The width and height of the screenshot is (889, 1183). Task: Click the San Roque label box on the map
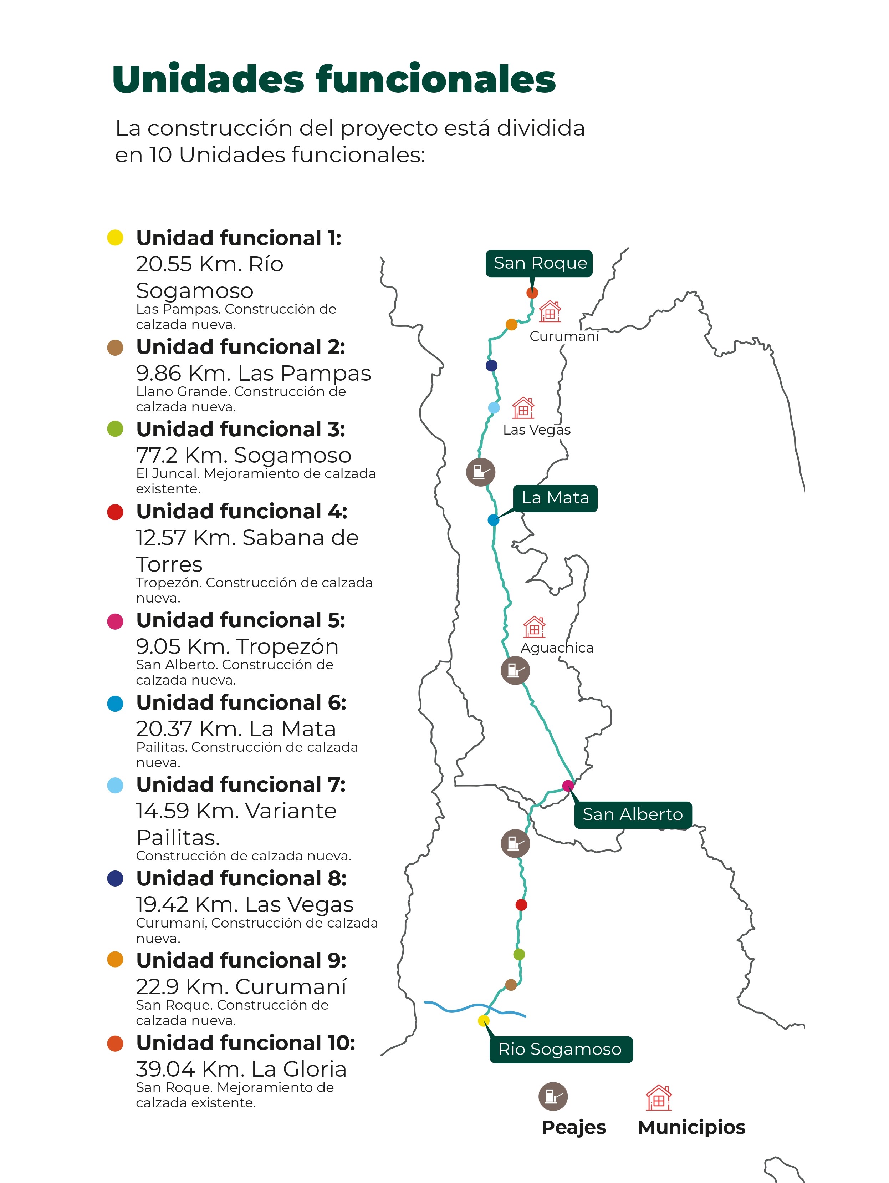point(538,263)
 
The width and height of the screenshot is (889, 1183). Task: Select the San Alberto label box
point(632,814)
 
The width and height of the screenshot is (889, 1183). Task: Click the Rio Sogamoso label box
point(560,1049)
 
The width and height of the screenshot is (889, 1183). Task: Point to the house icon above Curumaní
point(550,311)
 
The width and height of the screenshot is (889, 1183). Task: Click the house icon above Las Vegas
point(523,408)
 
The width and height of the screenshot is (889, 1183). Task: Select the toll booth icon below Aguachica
point(515,670)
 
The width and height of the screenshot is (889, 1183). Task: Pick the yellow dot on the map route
point(483,1020)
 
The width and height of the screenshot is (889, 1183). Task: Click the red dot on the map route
point(521,905)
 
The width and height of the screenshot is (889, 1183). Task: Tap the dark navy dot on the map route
point(491,366)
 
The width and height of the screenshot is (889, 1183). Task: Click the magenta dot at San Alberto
point(568,786)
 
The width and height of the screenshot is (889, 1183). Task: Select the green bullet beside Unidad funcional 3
point(115,429)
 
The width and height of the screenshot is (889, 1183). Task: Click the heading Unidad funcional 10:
point(245,1043)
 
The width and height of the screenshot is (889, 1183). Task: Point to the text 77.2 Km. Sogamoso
point(243,455)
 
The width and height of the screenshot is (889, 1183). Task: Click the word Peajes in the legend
point(574,1127)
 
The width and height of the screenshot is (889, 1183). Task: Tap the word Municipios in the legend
point(691,1127)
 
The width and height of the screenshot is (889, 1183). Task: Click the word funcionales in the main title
point(436,80)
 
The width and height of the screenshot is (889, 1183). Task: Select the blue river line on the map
point(454,1009)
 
